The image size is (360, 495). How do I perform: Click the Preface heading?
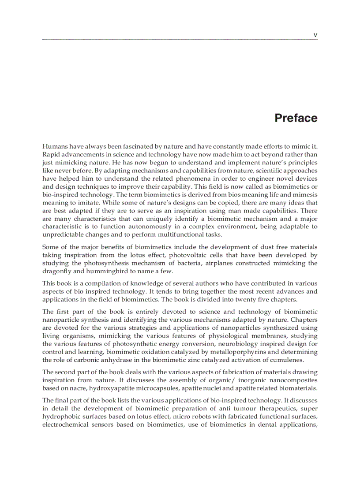click(x=296, y=118)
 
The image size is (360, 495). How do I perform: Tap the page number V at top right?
click(x=315, y=34)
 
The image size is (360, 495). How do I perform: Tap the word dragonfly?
click(x=56, y=271)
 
